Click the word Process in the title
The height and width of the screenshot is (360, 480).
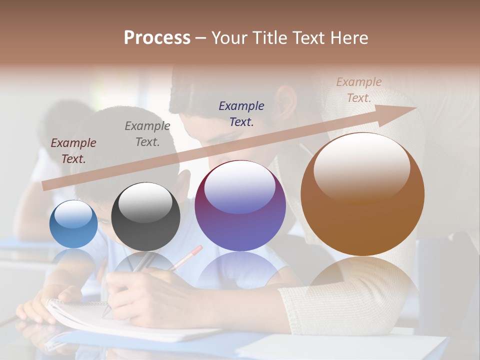pos(157,38)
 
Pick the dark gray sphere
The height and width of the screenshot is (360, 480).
pos(145,217)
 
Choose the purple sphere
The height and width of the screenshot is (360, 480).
pos(240,205)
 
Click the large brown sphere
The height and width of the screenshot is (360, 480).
pos(362,194)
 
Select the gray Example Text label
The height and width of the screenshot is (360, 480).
pos(147,134)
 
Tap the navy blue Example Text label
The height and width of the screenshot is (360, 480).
pos(241,113)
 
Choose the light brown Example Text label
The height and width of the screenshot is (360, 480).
pos(359,90)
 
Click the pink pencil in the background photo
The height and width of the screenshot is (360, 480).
pos(187,257)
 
